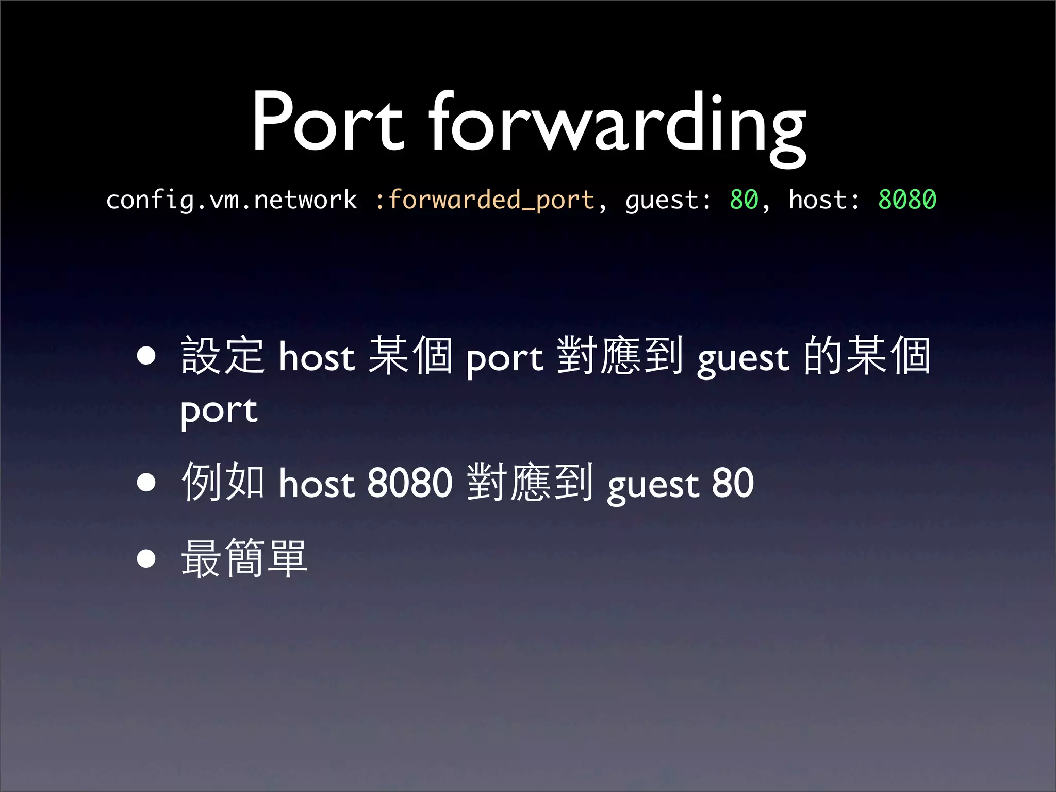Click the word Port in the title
327,122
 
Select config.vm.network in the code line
231,200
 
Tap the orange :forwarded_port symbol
485,200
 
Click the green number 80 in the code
744,200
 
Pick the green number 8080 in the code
907,200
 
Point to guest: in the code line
668,201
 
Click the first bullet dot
146,356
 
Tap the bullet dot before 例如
146,482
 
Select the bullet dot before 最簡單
146,558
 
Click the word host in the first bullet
317,357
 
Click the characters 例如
223,482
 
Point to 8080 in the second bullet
410,483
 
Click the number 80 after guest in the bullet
733,483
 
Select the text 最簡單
244,558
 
